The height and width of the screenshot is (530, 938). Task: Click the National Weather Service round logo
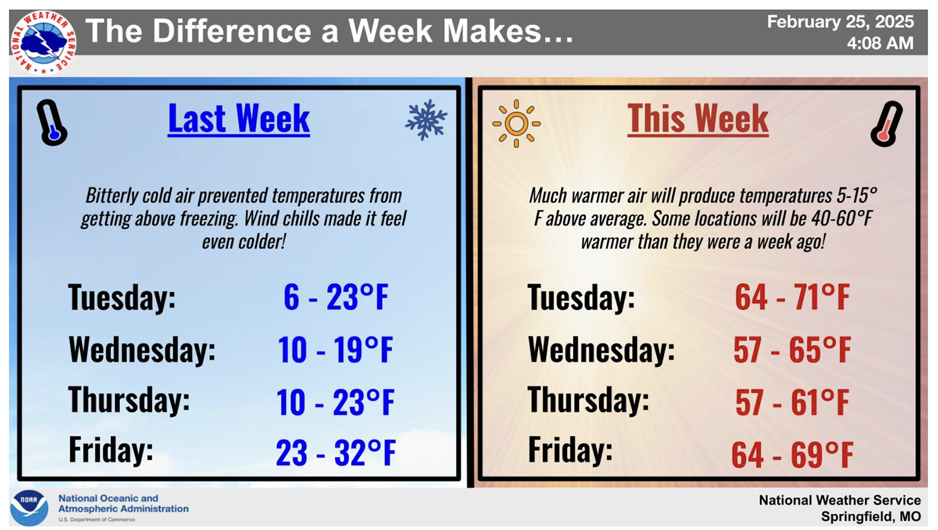point(43,42)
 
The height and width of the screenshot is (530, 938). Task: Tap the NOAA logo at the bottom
point(29,508)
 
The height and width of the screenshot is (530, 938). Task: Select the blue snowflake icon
point(426,120)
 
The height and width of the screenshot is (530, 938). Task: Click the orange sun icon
point(516,123)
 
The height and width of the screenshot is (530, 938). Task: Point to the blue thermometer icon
point(52,123)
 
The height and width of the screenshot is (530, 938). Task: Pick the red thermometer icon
point(886,124)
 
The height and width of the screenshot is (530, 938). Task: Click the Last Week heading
point(239,119)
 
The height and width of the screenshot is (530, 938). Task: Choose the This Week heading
point(698,119)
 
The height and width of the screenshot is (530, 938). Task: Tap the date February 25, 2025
point(840,22)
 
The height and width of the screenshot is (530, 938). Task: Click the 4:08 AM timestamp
point(880,43)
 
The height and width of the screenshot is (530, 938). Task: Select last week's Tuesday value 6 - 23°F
point(336,297)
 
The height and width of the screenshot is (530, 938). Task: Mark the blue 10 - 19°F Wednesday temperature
point(335,350)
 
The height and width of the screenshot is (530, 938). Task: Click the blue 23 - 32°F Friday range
point(336,453)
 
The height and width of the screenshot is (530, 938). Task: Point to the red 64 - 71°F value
point(792,297)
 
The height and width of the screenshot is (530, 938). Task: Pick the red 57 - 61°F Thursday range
point(792,402)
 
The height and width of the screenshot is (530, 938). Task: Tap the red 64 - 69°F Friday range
point(792,454)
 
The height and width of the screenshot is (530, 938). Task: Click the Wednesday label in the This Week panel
point(601,349)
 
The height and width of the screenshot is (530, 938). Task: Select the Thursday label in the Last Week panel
point(129,400)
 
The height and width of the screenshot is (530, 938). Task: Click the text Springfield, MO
point(871,517)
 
